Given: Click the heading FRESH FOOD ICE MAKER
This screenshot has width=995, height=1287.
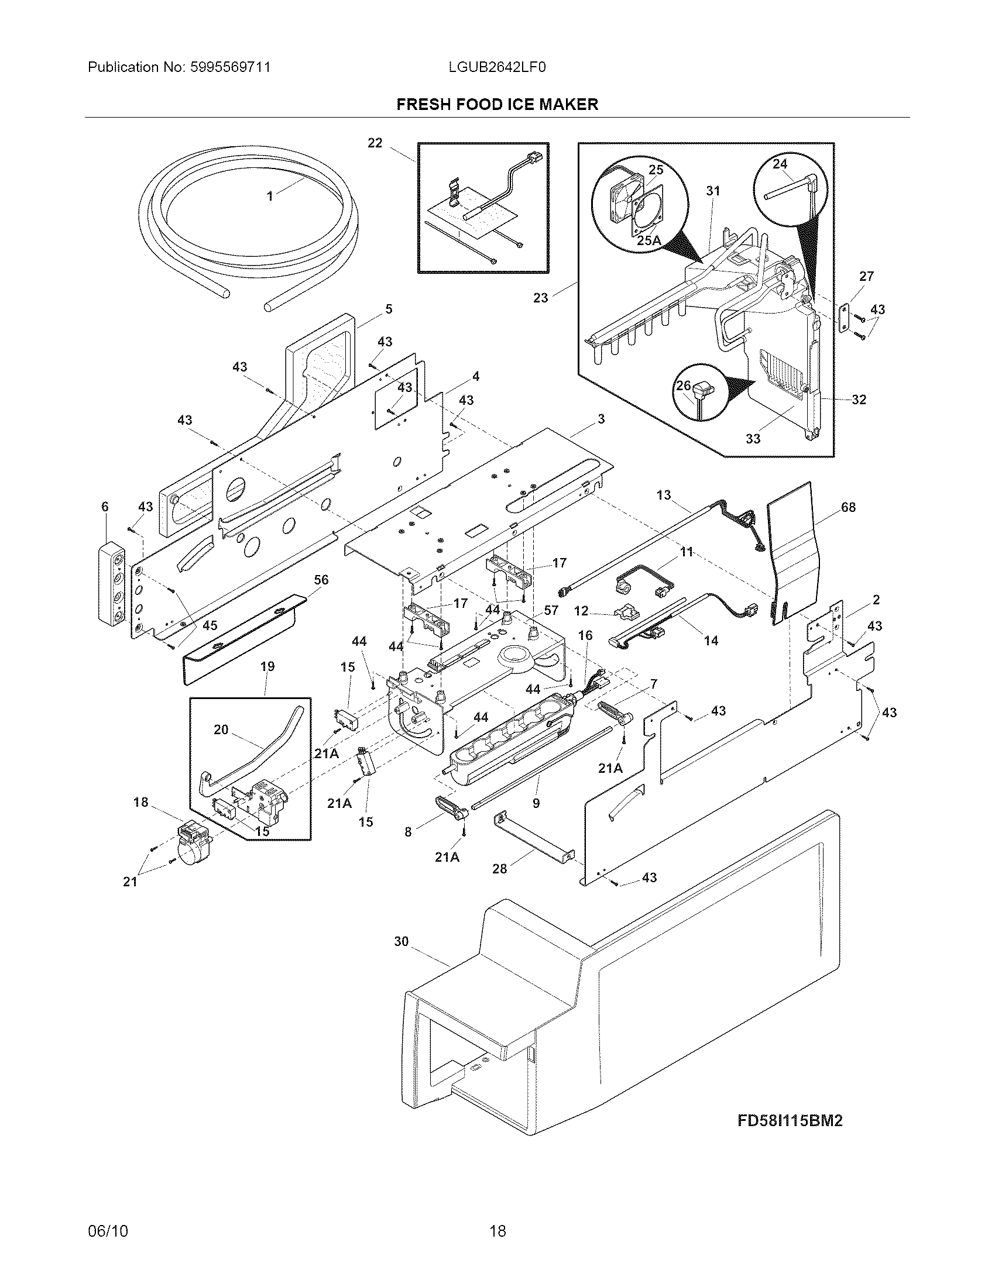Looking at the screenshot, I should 497,105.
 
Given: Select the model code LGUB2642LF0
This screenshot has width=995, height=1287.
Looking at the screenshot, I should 497,67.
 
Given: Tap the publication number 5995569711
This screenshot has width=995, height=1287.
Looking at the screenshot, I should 230,67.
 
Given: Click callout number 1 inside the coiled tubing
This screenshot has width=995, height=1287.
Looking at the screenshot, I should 270,196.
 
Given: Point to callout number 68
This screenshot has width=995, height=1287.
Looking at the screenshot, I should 848,507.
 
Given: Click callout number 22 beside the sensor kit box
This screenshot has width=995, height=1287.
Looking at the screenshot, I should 375,143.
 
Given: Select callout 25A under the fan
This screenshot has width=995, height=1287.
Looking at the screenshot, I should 649,240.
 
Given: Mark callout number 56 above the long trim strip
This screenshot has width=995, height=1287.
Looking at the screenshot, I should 321,580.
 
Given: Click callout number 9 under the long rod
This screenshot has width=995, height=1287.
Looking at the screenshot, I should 536,803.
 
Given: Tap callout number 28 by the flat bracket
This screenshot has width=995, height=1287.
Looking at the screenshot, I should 499,868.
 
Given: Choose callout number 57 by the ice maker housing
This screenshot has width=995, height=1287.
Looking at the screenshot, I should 551,611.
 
